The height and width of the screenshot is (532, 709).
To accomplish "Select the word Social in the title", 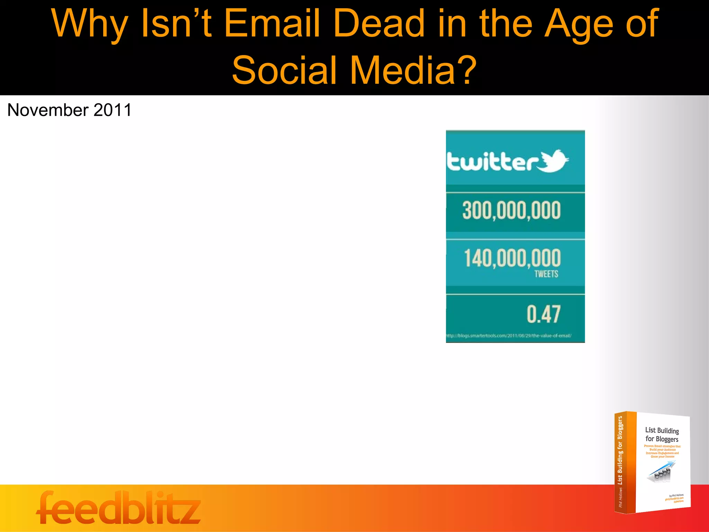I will click(284, 70).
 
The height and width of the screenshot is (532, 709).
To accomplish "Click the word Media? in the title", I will click(414, 70).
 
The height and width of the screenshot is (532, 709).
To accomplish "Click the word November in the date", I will click(48, 110).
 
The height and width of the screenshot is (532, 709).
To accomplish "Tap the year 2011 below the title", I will click(113, 110).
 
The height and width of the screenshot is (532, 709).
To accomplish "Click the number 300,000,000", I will click(511, 211).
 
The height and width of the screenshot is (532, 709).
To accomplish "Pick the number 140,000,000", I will click(512, 258).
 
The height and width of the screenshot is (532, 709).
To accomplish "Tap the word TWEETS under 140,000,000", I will click(546, 274).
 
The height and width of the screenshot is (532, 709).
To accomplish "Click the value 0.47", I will click(543, 314).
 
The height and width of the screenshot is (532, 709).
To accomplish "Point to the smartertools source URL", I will click(509, 336).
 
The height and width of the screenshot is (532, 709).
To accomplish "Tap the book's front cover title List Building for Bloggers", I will click(662, 435).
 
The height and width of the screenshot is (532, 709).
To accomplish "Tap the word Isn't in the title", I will click(177, 24).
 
